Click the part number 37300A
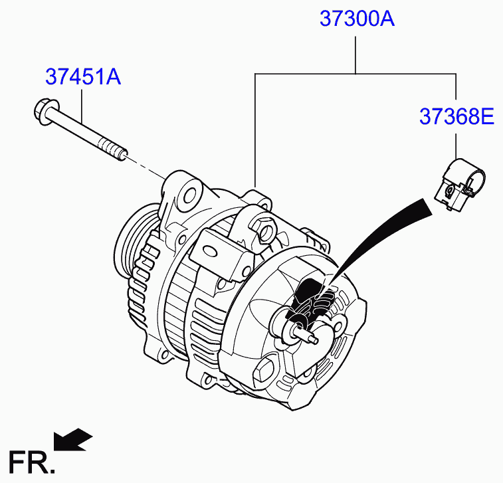tap(357, 19)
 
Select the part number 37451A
tap(83, 78)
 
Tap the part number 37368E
tap(456, 117)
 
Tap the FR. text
tap(31, 460)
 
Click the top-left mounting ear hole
tap(189, 194)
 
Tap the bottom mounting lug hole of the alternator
tap(211, 381)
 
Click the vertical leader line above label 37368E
tap(456, 145)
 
